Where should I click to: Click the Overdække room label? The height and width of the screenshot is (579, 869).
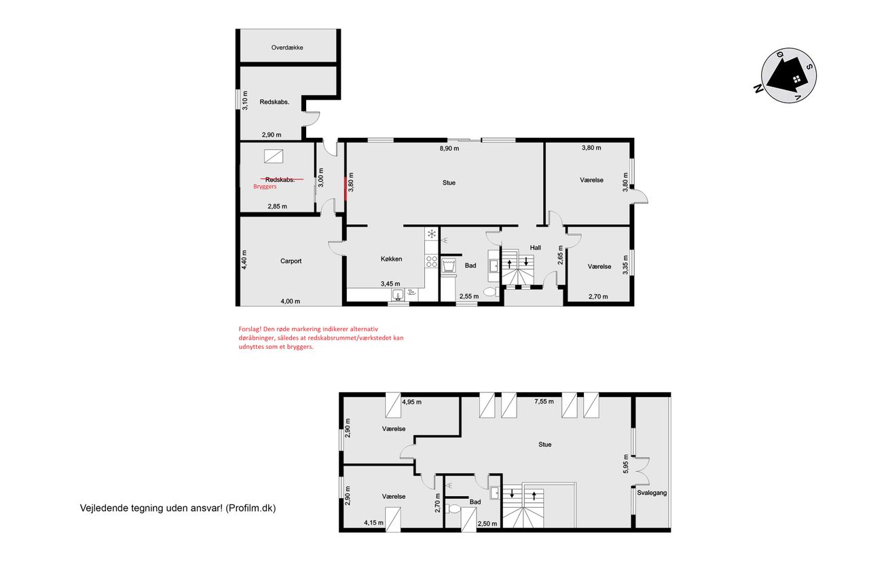(x=287, y=48)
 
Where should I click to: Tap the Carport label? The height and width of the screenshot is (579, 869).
(x=291, y=261)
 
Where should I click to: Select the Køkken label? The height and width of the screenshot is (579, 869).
(x=392, y=259)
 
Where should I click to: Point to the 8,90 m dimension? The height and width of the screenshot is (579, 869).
(x=449, y=148)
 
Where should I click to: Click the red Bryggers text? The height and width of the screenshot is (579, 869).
(x=265, y=187)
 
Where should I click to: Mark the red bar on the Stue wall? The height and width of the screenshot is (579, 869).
(x=346, y=189)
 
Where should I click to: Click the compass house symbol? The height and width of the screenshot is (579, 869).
(x=787, y=77)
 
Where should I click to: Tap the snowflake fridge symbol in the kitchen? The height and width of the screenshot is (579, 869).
(x=431, y=234)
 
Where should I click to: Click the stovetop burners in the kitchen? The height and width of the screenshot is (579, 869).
(x=431, y=261)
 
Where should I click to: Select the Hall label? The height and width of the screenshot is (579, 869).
(x=536, y=248)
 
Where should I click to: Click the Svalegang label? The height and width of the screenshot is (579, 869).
(x=652, y=493)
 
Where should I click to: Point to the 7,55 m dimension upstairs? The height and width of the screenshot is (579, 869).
(x=544, y=401)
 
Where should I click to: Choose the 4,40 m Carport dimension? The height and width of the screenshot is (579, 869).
(x=244, y=260)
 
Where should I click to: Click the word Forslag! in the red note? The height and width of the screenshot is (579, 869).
(x=250, y=329)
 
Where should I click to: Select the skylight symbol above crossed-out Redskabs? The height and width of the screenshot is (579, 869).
(x=274, y=156)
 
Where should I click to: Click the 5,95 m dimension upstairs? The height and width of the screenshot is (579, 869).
(x=626, y=464)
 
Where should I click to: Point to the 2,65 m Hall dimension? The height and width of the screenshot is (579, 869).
(x=560, y=255)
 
